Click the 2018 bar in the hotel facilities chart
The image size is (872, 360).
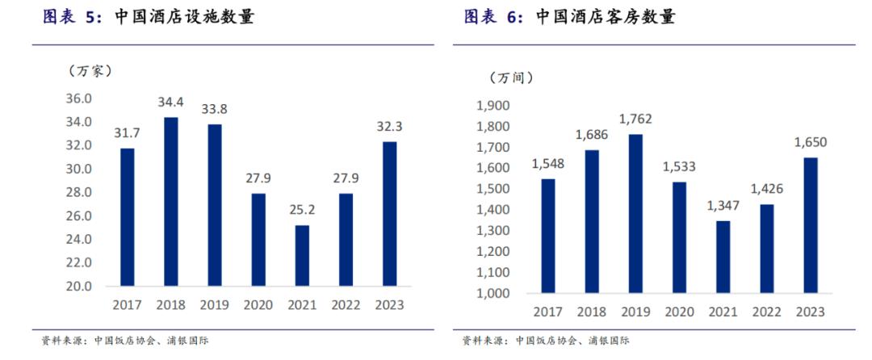pyautogui.click(x=170, y=202)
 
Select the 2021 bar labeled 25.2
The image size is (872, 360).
pyautogui.click(x=301, y=255)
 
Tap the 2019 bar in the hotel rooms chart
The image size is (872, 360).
pyautogui.click(x=635, y=213)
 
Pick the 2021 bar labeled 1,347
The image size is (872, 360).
pyautogui.click(x=723, y=257)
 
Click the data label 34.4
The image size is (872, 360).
pyautogui.click(x=170, y=103)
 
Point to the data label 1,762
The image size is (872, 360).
pyautogui.click(x=635, y=119)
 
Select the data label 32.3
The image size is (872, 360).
pyautogui.click(x=390, y=127)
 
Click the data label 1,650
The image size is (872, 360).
pyautogui.click(x=810, y=142)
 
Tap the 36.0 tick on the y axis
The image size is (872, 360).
pyautogui.click(x=79, y=98)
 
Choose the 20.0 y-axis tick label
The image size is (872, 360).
pyautogui.click(x=79, y=286)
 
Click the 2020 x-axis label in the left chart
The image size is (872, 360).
pyautogui.click(x=258, y=305)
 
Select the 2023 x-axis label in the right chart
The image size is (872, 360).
pyautogui.click(x=810, y=312)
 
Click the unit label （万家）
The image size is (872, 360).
pyautogui.click(x=89, y=70)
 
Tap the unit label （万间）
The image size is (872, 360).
pyautogui.click(x=510, y=77)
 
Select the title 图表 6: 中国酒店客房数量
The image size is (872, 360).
pyautogui.click(x=569, y=17)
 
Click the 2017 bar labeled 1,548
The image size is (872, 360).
pyautogui.click(x=548, y=236)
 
